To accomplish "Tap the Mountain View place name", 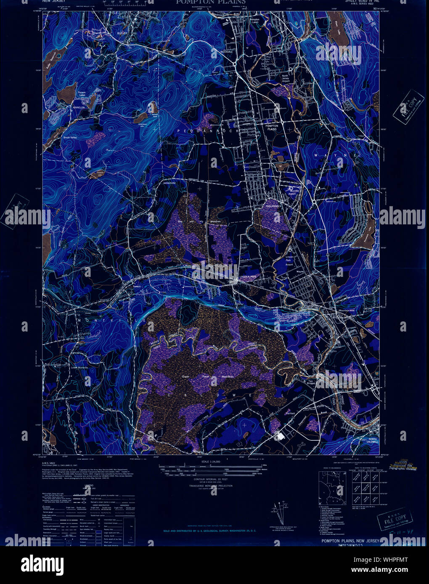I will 347,310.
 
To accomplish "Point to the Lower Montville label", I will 79,368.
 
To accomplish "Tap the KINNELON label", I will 79,108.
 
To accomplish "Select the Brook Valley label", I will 70,137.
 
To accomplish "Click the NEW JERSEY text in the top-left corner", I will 54,2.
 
